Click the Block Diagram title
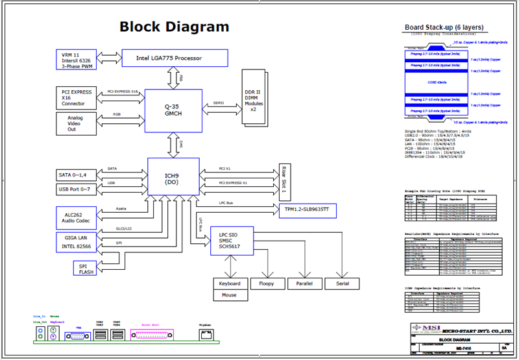[x=174, y=27]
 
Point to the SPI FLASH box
[x=84, y=268]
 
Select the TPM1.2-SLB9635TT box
[x=308, y=210]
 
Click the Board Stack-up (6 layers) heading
[x=447, y=27]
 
